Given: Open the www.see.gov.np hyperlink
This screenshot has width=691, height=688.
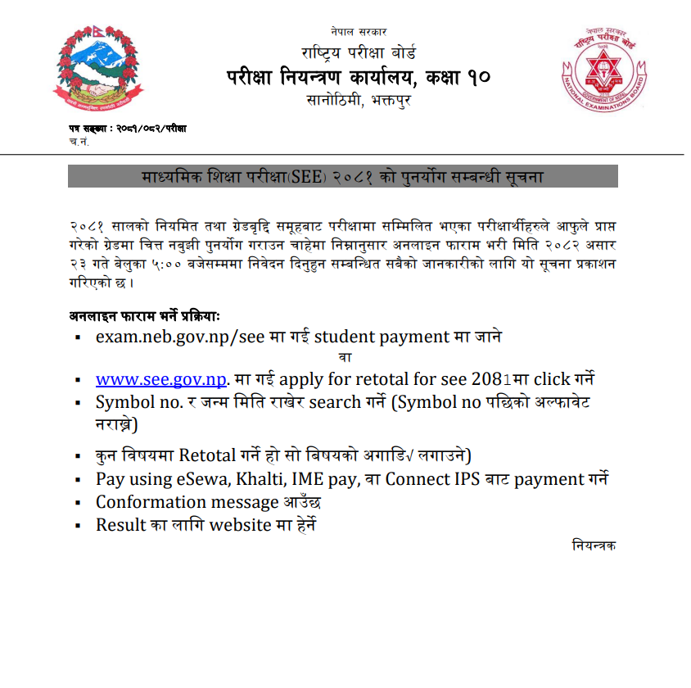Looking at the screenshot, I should (160, 379).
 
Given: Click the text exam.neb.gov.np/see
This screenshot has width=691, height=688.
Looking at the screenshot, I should (172, 337).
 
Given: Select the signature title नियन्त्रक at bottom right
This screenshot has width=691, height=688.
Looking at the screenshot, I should (594, 545).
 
